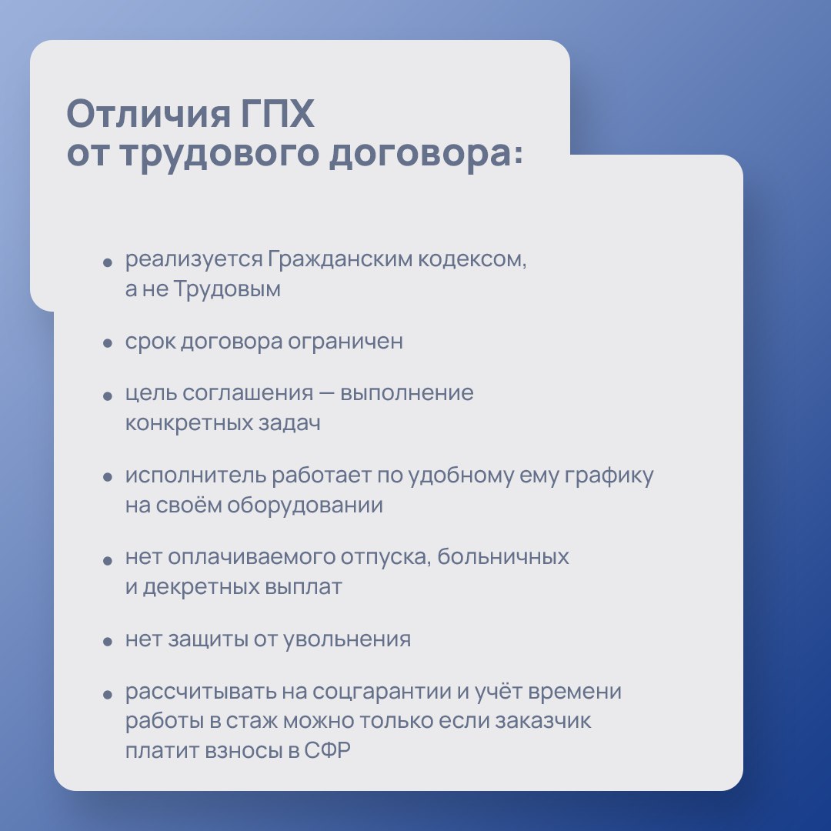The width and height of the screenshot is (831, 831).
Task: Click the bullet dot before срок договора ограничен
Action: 107,344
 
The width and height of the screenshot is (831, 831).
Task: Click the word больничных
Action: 504,557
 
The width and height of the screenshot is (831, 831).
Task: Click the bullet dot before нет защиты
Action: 107,641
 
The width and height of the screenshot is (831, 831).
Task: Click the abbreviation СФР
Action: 328,751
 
